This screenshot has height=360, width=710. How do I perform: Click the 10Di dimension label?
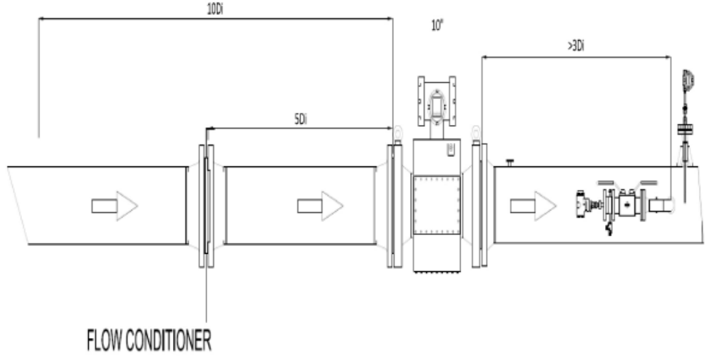(x=215, y=10)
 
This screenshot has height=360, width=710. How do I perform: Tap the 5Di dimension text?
(x=301, y=120)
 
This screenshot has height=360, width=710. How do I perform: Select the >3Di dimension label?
(x=575, y=46)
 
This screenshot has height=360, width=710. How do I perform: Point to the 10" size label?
(x=437, y=25)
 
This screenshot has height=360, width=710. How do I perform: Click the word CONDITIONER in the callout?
(x=168, y=341)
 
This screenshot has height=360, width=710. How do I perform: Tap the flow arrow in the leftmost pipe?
(x=115, y=206)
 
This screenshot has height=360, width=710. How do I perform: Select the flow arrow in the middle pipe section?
(x=320, y=206)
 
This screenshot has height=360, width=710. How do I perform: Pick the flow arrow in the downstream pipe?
(x=533, y=206)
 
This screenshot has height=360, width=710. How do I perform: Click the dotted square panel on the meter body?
(x=437, y=205)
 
